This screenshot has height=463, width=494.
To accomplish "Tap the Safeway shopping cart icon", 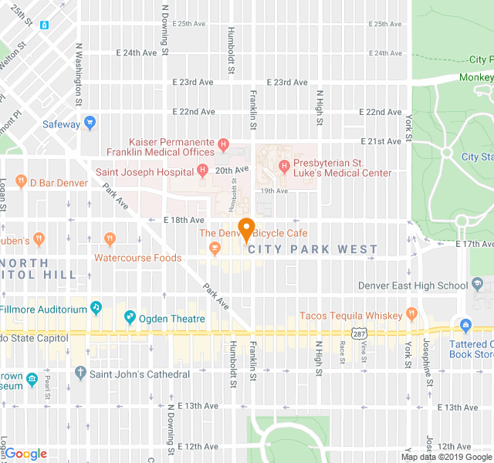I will pos(90,123).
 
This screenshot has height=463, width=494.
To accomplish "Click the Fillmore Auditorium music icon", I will pos(96,308).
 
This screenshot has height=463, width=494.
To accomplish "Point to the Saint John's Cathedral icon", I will pos(80,373).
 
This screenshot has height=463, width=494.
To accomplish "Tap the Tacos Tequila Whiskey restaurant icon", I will pos(411,315).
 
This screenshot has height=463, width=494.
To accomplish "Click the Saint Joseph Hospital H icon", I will pos(202,171).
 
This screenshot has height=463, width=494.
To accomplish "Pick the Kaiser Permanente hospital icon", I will pos(223,143).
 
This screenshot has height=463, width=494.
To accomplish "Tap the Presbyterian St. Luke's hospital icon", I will pos(284,164).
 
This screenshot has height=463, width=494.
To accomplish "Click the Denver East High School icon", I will pos(477,286).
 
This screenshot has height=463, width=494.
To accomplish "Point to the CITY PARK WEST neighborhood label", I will pos(313,249).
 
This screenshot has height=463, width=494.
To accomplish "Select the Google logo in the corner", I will pos(25,454).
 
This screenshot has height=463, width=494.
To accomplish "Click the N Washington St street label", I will pos(78,74).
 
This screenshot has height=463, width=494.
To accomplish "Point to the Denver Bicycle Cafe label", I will pos(254,233).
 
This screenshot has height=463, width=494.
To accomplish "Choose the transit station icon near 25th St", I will pos(46,25).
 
